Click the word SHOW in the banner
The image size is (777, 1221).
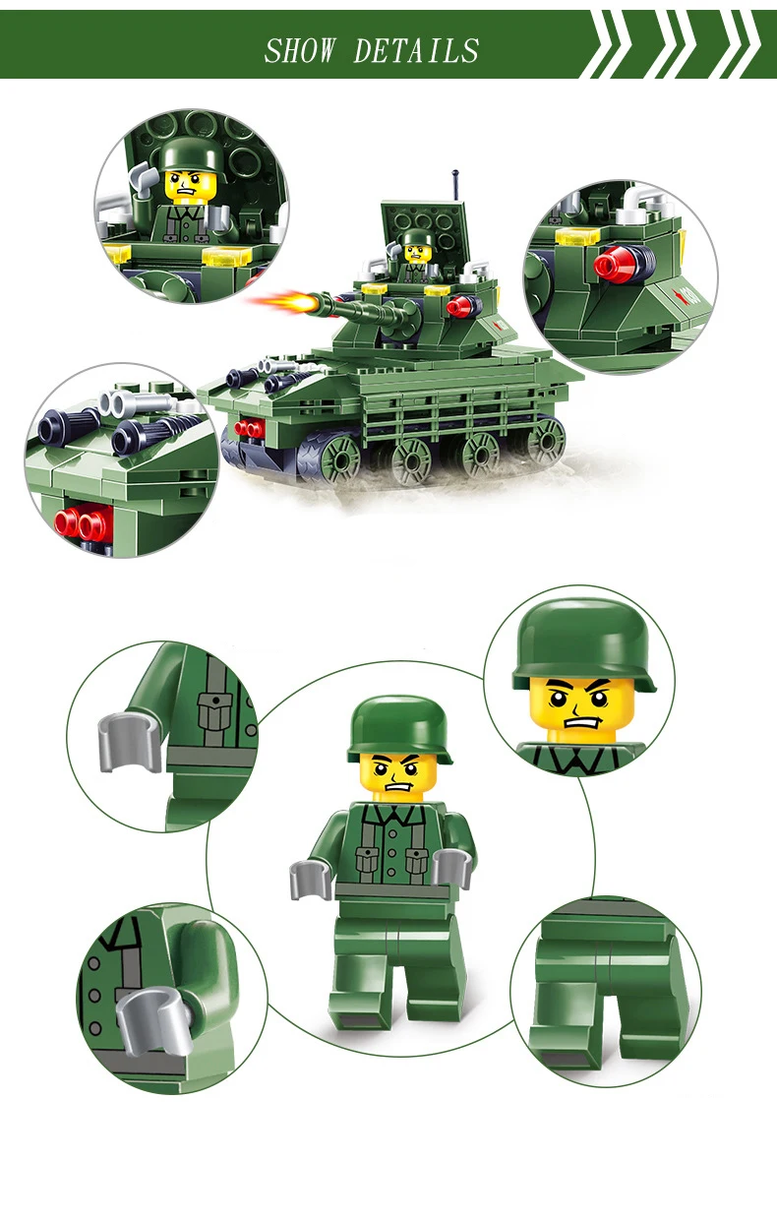tap(300, 51)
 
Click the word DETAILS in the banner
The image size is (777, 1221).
tap(416, 51)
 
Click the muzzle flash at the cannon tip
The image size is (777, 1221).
tap(280, 302)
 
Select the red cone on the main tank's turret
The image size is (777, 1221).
tap(460, 307)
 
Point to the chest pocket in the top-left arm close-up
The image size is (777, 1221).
tap(214, 709)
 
